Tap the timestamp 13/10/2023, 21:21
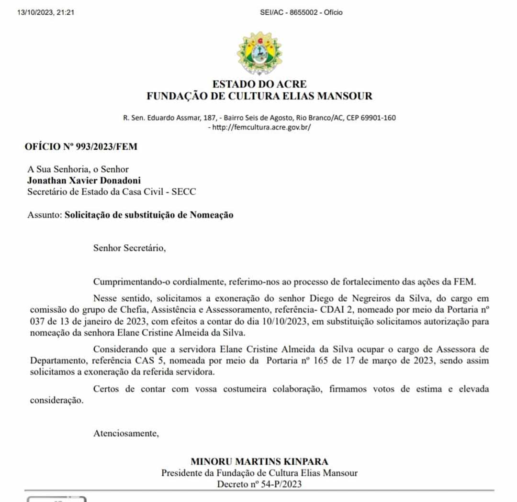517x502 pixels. (x=46, y=12)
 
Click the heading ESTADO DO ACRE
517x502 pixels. (x=259, y=84)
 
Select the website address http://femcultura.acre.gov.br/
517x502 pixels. (x=261, y=128)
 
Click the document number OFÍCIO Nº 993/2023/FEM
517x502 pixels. (x=81, y=147)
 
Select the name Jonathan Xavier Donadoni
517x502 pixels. (x=84, y=181)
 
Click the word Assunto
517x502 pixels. (x=45, y=215)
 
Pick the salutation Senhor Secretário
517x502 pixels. (x=129, y=248)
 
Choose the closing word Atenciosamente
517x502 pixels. (x=125, y=434)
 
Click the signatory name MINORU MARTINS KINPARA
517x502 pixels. (x=259, y=462)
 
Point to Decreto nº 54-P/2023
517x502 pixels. (x=259, y=484)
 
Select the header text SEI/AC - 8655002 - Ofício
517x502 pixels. (x=301, y=12)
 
